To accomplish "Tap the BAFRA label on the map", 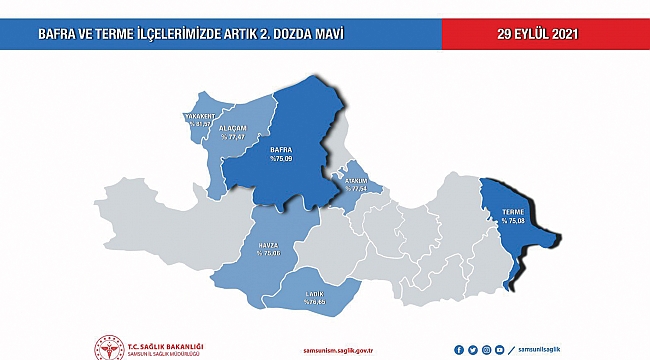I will click(281, 149).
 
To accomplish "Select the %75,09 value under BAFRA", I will click(281, 158).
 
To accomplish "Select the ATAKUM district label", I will click(358, 180).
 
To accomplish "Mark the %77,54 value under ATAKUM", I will click(358, 188).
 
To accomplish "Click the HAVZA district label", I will click(270, 245).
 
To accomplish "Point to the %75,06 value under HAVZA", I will click(270, 254).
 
